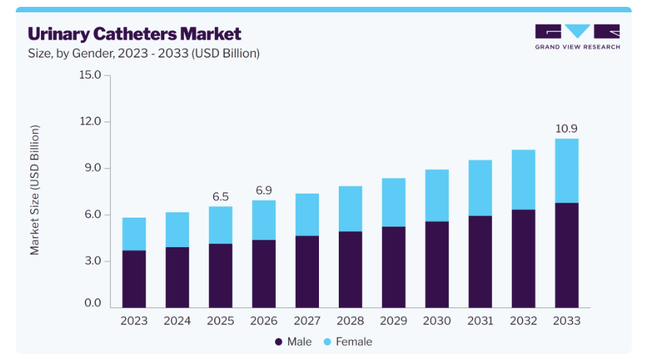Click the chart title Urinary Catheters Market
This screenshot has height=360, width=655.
pos(135,34)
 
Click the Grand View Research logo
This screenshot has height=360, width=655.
pos(577,37)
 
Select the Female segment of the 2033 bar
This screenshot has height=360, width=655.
pos(567,171)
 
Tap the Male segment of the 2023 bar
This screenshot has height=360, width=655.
pos(134,279)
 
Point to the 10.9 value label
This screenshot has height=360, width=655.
pos(567,129)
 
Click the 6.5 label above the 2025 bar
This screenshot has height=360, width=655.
pos(220,196)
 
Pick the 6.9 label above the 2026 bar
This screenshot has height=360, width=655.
pos(264,190)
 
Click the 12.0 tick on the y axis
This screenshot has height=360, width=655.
pos(90,122)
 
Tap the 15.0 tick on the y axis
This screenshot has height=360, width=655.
pos(90,75)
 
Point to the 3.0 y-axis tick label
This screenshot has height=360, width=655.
pos(92,261)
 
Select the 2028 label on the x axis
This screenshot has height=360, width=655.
pos(350,321)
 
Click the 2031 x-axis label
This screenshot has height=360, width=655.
pos(480,321)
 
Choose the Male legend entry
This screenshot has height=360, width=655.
pos(293,342)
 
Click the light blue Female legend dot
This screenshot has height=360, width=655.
pos(327,342)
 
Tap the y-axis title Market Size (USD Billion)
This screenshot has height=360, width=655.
pos(35,190)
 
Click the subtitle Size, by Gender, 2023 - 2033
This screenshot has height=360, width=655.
pos(144,53)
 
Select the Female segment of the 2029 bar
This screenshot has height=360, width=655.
pos(394,203)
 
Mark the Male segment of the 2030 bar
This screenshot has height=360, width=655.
pos(437,265)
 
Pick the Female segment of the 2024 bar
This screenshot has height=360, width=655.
pos(177,230)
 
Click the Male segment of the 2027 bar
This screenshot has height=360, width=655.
pos(307,272)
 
